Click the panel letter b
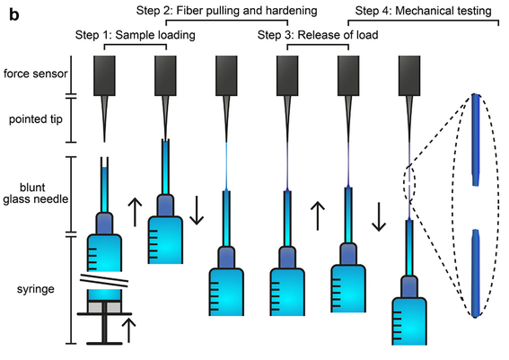(x=14, y=14)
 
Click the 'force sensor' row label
(x=35, y=74)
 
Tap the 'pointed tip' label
(x=36, y=119)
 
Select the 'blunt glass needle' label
(x=36, y=193)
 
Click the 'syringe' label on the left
(x=36, y=289)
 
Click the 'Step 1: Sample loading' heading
(x=135, y=35)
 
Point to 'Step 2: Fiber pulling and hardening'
(x=226, y=11)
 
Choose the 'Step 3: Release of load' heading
(x=318, y=35)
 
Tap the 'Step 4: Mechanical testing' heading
(x=424, y=11)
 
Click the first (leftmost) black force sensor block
(x=104, y=75)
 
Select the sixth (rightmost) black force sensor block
(x=409, y=75)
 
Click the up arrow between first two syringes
(x=135, y=212)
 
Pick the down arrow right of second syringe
(x=197, y=210)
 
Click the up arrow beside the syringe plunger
(x=129, y=330)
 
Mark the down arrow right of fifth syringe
(x=379, y=217)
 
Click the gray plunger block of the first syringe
(x=104, y=307)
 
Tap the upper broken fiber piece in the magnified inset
(x=476, y=140)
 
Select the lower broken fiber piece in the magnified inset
(x=476, y=273)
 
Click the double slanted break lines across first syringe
(x=104, y=280)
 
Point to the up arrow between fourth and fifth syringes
(x=318, y=215)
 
